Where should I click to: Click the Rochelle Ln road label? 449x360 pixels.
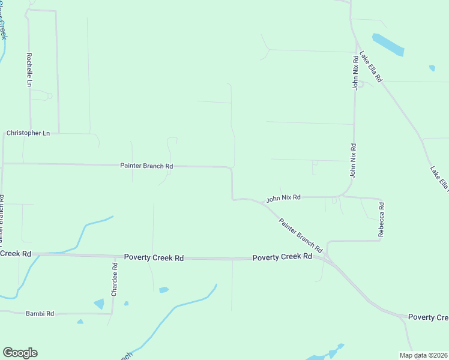28,69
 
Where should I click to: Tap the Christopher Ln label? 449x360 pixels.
28,133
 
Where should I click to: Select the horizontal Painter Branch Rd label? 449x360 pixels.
146,166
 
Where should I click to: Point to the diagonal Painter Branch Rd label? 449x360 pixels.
301,235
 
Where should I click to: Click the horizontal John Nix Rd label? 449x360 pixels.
283,197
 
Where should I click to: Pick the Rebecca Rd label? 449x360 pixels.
381,220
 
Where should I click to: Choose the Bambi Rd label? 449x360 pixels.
40,313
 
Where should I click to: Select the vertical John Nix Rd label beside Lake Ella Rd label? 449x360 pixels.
355,72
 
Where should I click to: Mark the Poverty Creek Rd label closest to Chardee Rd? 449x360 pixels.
154,257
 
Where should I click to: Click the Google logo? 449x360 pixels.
20,353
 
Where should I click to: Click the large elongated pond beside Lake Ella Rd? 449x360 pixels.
388,44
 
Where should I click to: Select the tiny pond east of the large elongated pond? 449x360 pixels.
432,68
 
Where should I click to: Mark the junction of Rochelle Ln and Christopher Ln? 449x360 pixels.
30,133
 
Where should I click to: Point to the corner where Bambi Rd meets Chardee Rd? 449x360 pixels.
112,313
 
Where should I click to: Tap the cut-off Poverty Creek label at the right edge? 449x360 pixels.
427,317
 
